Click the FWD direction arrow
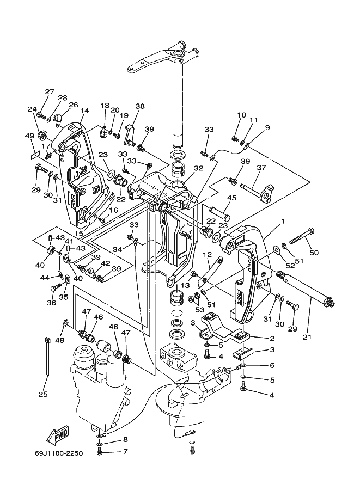pyautogui.click(x=57, y=434)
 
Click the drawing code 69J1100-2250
pyautogui.click(x=59, y=453)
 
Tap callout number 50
pyautogui.click(x=314, y=253)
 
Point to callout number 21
pyautogui.click(x=307, y=338)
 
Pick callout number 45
pyautogui.click(x=232, y=198)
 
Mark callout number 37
pyautogui.click(x=261, y=167)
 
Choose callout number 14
pyautogui.click(x=84, y=111)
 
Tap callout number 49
pyautogui.click(x=29, y=136)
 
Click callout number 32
pyautogui.click(x=199, y=169)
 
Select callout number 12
pyautogui.click(x=207, y=254)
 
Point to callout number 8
pyautogui.click(x=125, y=439)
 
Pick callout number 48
pyautogui.click(x=59, y=340)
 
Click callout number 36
pyautogui.click(x=51, y=303)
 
